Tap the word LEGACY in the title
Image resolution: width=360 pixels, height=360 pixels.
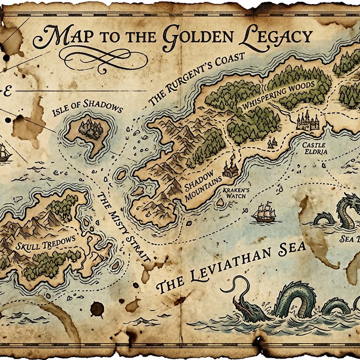click(x=279, y=37)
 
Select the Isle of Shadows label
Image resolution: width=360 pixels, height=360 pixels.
click(x=87, y=107)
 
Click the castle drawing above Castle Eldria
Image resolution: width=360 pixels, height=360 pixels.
click(x=308, y=120)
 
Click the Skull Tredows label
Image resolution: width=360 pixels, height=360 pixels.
click(x=45, y=243)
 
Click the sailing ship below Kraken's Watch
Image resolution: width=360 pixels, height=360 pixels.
click(x=264, y=213)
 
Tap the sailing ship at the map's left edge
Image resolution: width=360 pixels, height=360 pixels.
click(x=4, y=153)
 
